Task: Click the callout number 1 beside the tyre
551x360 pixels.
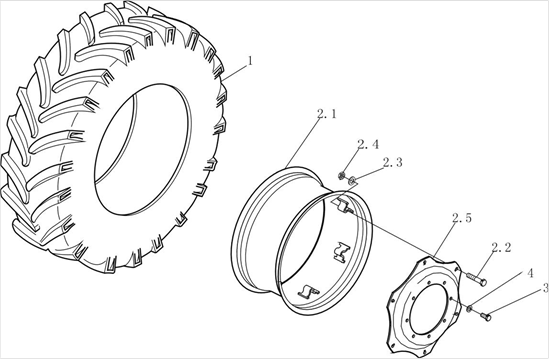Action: pyautogui.click(x=250, y=61)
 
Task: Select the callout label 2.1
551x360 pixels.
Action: pyautogui.click(x=326, y=114)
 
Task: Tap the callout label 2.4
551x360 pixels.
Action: pyautogui.click(x=368, y=144)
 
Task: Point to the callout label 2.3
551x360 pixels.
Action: pyautogui.click(x=393, y=162)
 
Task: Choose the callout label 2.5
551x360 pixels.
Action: pyautogui.click(x=462, y=218)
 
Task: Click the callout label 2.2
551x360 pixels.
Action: pyautogui.click(x=501, y=248)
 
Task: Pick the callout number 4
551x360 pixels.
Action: pyautogui.click(x=529, y=274)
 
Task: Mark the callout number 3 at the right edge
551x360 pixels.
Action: pyautogui.click(x=545, y=288)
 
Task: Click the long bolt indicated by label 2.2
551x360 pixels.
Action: pyautogui.click(x=477, y=278)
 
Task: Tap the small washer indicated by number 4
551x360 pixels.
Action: pyautogui.click(x=469, y=309)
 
